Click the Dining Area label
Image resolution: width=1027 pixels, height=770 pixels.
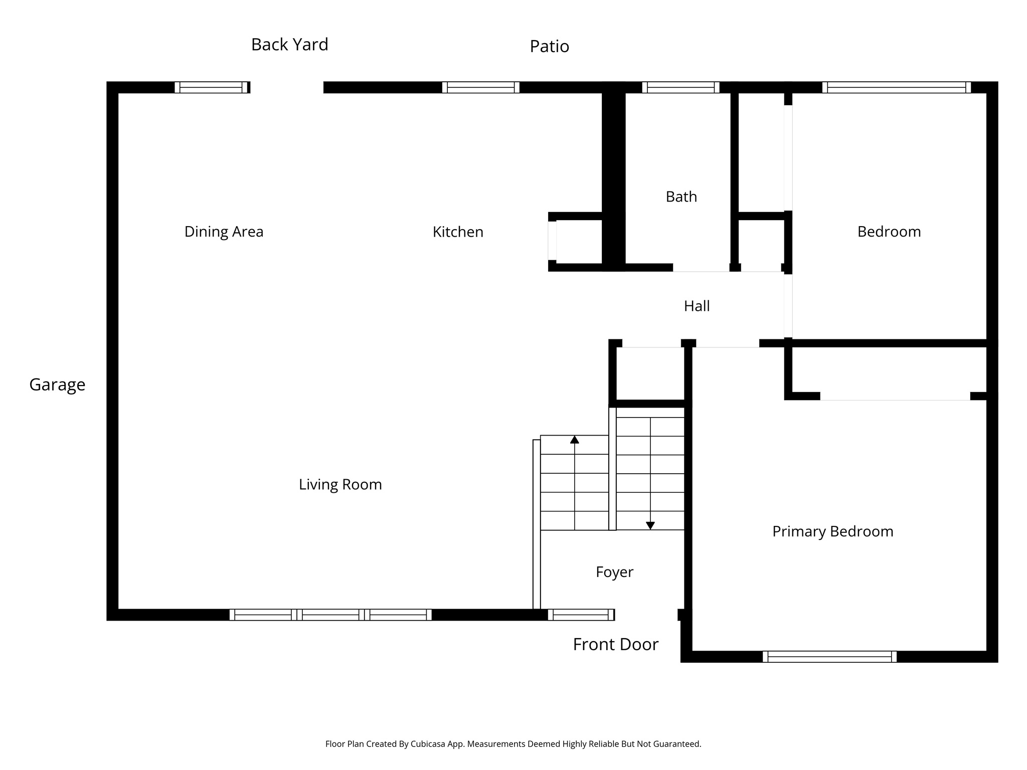[224, 232]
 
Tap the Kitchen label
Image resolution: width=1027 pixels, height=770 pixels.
[458, 232]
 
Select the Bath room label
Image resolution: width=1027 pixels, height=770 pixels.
[681, 197]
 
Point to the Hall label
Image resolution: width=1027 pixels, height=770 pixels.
[697, 306]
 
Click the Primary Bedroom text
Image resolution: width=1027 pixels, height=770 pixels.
[832, 531]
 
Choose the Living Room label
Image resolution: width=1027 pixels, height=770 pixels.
[340, 484]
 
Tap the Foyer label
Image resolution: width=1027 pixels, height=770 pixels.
[614, 572]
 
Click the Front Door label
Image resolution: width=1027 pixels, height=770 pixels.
[615, 644]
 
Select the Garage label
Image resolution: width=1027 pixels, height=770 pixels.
[57, 384]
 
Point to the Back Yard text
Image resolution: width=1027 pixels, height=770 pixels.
[289, 45]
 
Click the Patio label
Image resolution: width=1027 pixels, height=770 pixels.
[549, 47]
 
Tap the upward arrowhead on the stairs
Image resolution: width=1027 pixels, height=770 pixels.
[575, 440]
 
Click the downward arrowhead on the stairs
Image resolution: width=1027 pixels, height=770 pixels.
[650, 525]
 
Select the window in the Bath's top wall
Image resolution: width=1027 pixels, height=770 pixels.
[680, 87]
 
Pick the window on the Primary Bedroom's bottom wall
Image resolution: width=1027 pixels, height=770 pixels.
[829, 657]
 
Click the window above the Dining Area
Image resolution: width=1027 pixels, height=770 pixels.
[211, 87]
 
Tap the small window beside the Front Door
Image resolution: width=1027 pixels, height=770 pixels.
[581, 615]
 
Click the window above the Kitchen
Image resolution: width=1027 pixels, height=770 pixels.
[480, 87]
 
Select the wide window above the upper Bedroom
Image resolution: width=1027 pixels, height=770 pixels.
[896, 87]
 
